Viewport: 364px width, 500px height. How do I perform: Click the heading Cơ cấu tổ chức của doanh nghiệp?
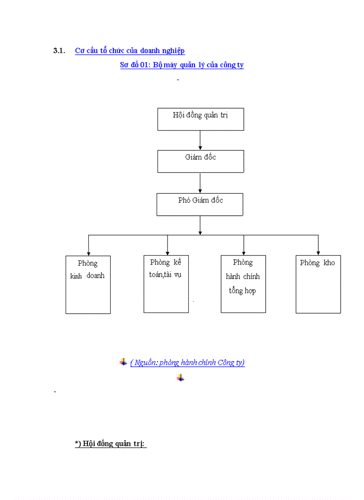point(129,51)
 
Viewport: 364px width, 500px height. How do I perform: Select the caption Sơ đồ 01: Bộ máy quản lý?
point(181,65)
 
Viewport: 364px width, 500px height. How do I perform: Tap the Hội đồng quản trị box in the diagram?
point(200,119)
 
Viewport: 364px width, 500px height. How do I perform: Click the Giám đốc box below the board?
point(200,161)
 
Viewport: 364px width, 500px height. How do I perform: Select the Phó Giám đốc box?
point(200,204)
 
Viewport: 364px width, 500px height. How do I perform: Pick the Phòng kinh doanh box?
point(88,284)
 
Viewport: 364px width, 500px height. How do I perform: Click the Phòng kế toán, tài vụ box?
point(166,284)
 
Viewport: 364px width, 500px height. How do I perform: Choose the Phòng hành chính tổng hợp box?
point(243,284)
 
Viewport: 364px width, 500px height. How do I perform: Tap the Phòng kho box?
point(318,284)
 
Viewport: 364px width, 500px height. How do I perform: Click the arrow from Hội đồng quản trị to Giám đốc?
point(200,140)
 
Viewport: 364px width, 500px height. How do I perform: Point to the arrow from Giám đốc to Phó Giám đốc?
point(200,183)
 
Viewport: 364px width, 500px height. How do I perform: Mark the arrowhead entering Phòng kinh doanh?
point(88,252)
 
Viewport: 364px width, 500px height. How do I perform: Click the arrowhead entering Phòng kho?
point(318,252)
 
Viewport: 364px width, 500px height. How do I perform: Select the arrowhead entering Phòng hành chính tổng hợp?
point(243,252)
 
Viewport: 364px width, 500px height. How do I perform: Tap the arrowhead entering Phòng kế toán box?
point(167,252)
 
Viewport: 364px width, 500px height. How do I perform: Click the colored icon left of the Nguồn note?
point(123,362)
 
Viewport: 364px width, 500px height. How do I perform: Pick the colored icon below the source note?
point(180,378)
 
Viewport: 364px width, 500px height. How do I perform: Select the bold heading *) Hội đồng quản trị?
point(110,444)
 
